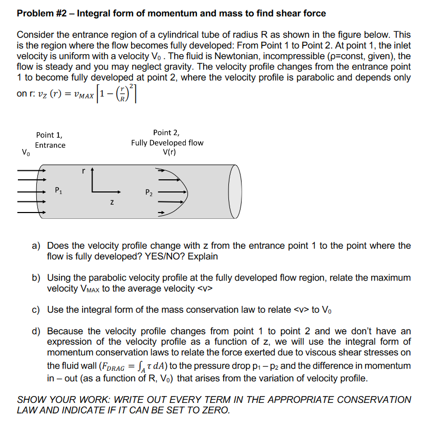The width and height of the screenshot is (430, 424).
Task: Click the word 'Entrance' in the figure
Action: click(51, 145)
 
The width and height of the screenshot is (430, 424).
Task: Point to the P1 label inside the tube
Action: click(58, 191)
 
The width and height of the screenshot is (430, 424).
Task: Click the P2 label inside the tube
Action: click(149, 192)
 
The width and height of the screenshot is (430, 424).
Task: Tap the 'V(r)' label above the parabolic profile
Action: click(169, 152)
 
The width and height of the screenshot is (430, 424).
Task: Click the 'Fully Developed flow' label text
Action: click(167, 143)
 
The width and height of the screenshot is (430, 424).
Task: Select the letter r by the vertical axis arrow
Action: click(83, 171)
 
